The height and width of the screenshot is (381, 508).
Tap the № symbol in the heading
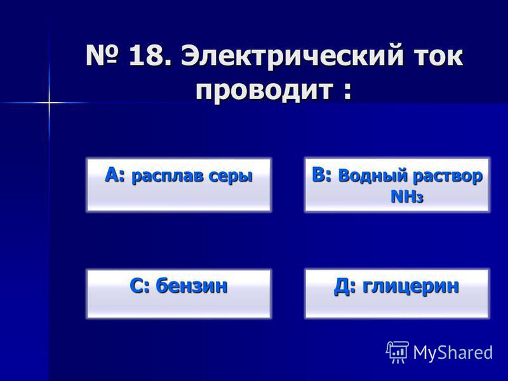(x=102, y=56)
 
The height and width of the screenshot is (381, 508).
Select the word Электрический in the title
(x=292, y=56)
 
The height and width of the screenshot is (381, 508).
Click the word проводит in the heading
(x=265, y=90)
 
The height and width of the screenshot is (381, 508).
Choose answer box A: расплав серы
(x=179, y=185)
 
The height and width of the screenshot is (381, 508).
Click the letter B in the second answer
(x=318, y=175)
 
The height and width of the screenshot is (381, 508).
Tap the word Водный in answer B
(x=373, y=176)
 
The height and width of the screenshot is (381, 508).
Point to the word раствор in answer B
(x=448, y=177)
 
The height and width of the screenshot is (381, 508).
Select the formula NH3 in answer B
(x=407, y=197)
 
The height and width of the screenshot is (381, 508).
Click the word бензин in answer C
(x=192, y=286)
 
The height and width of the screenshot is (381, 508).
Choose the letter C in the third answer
(x=137, y=286)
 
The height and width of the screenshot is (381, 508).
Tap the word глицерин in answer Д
(x=410, y=287)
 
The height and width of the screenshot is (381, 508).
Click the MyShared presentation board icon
(x=397, y=352)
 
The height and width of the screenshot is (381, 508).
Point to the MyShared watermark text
(x=453, y=352)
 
